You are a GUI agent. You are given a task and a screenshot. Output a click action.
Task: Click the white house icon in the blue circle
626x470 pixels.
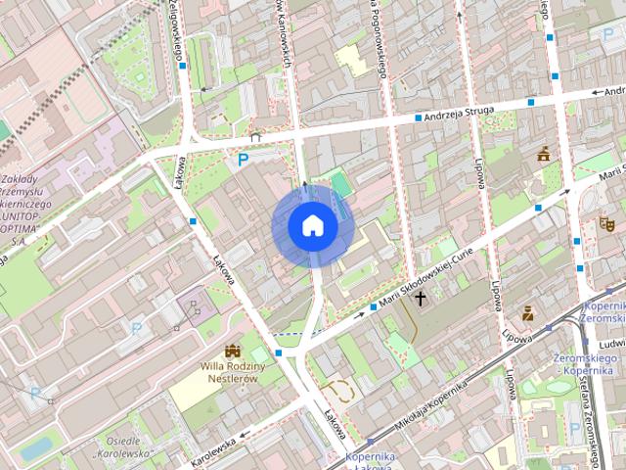(x=312, y=226)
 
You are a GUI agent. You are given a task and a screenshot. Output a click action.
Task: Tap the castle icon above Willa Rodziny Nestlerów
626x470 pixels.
(x=233, y=351)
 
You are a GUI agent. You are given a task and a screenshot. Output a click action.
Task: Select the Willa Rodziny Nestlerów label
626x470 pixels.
(x=228, y=371)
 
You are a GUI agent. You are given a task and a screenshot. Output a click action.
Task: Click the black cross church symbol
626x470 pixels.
(x=422, y=298)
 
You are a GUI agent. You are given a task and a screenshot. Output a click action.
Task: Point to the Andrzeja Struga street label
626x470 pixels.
(x=464, y=113)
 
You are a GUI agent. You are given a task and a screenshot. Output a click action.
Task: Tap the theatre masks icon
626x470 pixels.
(x=605, y=223)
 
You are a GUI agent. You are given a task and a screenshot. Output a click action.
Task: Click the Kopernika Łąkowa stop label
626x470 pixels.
(x=369, y=461)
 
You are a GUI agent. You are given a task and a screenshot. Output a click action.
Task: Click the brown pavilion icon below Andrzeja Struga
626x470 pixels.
(x=544, y=153)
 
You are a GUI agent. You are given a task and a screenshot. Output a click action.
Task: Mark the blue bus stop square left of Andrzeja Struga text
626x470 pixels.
(x=418, y=117)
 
